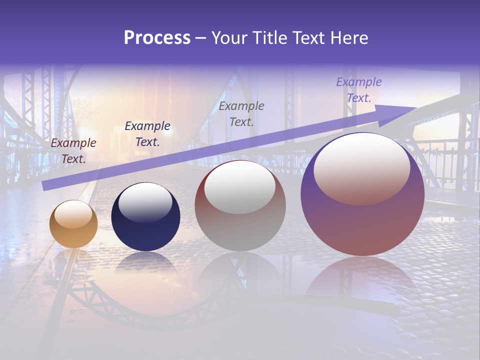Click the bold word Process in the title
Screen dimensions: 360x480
(x=157, y=38)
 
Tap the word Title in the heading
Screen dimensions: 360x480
(x=267, y=38)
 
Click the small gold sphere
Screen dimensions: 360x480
(x=73, y=224)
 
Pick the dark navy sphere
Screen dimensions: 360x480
(x=145, y=216)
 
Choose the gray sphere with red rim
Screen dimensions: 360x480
(x=240, y=205)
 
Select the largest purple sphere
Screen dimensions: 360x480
(x=362, y=195)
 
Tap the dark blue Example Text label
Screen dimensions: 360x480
(x=147, y=134)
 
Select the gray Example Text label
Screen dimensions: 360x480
(x=241, y=113)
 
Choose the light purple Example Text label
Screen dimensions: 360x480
(x=359, y=90)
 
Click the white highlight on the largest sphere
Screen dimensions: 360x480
(x=361, y=168)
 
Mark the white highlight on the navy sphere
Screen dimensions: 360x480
(x=145, y=202)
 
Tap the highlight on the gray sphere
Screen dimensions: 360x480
(x=240, y=186)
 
